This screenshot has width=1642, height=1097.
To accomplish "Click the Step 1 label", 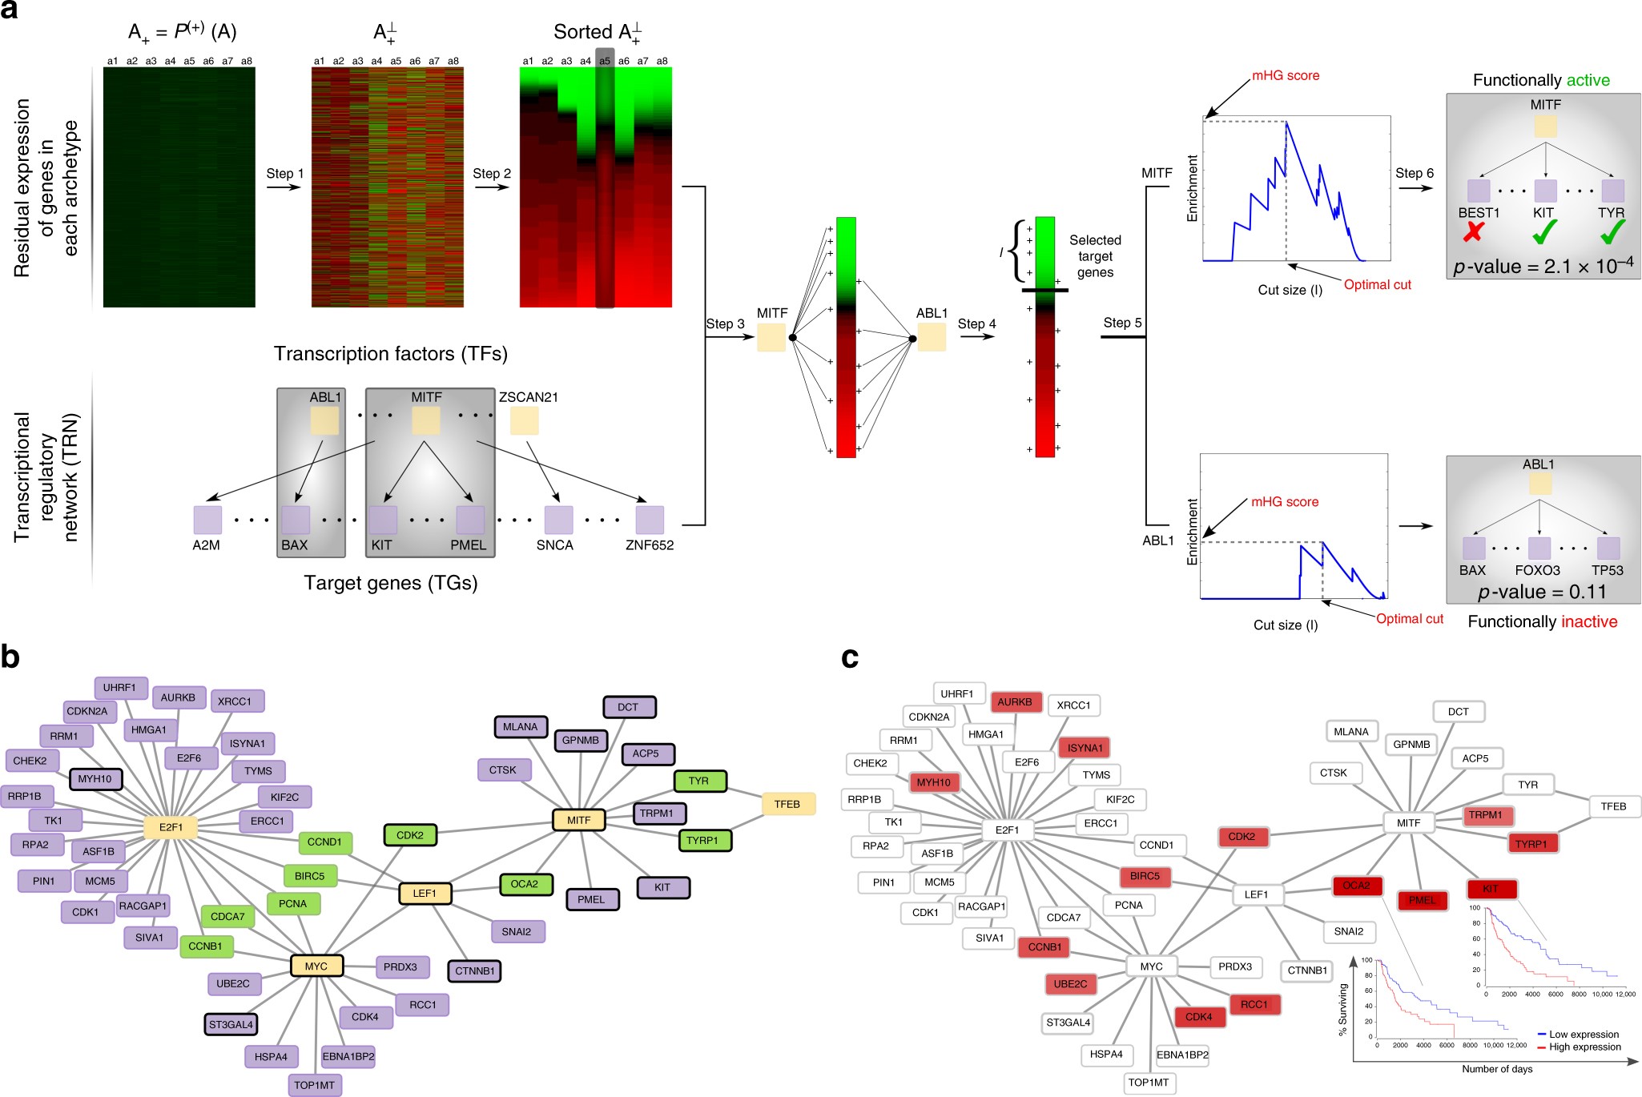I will click(284, 174).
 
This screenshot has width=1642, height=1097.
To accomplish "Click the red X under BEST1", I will click(1473, 232).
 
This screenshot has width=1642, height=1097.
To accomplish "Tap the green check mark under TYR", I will click(1612, 232).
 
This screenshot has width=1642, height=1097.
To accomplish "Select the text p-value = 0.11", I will click(1542, 592).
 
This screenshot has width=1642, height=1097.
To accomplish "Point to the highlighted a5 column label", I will click(605, 61).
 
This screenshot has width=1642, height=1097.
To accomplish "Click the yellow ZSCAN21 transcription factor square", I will click(524, 420).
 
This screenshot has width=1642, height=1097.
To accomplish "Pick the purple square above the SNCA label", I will click(558, 520).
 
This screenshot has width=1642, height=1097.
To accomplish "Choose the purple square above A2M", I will click(207, 520).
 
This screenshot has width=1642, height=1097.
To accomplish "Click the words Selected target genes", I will click(1095, 256).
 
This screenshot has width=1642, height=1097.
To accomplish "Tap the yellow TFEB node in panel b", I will click(787, 804).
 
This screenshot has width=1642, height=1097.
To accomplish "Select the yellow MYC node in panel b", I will click(316, 966).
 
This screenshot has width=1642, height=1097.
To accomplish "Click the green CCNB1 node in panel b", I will click(206, 946).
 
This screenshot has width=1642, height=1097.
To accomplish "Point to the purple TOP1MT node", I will click(314, 1085).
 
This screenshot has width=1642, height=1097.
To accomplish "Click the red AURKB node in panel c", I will click(1016, 702).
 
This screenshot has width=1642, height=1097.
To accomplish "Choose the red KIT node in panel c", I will click(1491, 889).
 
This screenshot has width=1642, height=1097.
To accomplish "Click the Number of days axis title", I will click(1496, 1069).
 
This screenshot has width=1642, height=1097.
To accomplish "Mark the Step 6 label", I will click(1414, 174).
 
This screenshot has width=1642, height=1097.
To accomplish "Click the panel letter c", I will click(850, 657).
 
